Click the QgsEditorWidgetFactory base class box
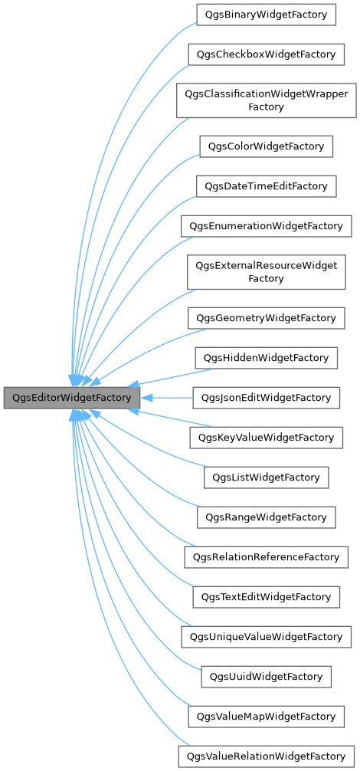point(72,398)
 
